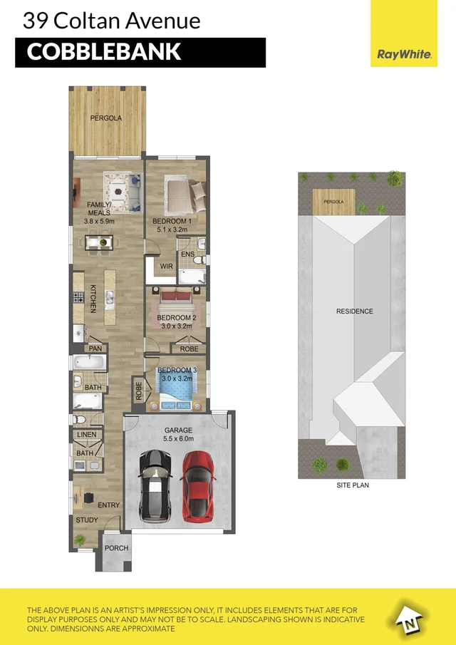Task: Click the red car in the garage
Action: (198, 485)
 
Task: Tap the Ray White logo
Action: (403, 53)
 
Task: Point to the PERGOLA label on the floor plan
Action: (106, 118)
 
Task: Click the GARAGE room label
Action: (178, 430)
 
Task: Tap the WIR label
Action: (167, 266)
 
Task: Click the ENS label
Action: (187, 254)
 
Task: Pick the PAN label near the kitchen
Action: (95, 349)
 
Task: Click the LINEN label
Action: (86, 434)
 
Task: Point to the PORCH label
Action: (116, 548)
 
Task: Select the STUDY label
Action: (87, 520)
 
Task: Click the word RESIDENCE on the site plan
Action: (355, 311)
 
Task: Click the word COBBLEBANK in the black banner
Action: (104, 52)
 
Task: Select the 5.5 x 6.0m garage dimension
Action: (178, 440)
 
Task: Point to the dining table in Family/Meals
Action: (99, 243)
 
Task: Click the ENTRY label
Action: (109, 505)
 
